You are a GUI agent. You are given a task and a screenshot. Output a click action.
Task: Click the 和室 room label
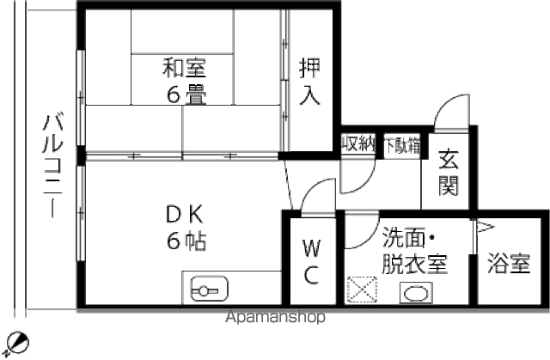pyautogui.click(x=185, y=68)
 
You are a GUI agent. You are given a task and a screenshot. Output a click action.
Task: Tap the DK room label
pyautogui.click(x=185, y=215)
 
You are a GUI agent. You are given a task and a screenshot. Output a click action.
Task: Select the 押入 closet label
pyautogui.click(x=309, y=82)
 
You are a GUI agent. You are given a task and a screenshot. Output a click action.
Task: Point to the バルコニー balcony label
pyautogui.click(x=52, y=166)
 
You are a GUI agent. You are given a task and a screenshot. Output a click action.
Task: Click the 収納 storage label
pyautogui.click(x=358, y=143)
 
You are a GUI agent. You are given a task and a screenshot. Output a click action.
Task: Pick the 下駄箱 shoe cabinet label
pyautogui.click(x=402, y=145)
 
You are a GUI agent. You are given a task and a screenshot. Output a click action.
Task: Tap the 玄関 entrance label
pyautogui.click(x=449, y=172)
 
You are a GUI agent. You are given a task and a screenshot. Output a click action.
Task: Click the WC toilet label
pyautogui.click(x=311, y=261)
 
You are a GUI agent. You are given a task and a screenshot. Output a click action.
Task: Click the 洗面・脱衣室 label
pyautogui.click(x=414, y=250)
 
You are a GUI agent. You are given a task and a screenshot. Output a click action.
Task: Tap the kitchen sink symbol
pyautogui.click(x=210, y=290)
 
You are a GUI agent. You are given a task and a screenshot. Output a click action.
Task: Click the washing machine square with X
pyautogui.click(x=362, y=290)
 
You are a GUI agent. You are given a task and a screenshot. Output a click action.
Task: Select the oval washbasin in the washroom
pyautogui.click(x=416, y=293)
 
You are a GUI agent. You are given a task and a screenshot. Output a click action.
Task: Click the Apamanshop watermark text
pyautogui.click(x=276, y=317)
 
